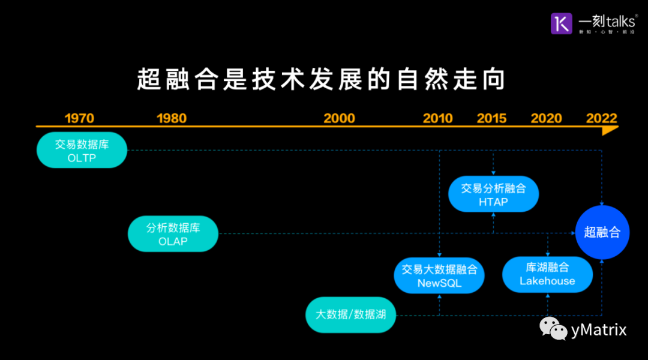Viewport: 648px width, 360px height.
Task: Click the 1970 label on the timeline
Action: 79,118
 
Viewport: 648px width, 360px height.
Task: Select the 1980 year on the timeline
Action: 172,118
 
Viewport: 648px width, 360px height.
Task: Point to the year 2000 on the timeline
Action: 339,118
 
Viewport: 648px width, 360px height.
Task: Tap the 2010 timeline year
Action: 437,118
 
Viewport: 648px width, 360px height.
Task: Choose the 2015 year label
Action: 491,118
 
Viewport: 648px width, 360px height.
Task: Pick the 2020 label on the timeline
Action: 546,118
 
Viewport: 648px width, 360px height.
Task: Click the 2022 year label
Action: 601,118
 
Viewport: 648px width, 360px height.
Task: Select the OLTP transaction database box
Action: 82,150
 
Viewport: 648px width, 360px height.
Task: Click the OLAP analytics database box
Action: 173,233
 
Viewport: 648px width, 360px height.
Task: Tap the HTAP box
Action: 493,194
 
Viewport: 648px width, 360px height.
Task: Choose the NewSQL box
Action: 439,275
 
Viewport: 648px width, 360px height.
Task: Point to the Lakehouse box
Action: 547,274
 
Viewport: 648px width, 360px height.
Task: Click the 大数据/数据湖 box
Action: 350,314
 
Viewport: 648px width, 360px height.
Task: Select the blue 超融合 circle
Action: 602,232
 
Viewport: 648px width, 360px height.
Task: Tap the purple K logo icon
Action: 562,23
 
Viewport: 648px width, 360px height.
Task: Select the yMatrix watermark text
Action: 599,329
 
